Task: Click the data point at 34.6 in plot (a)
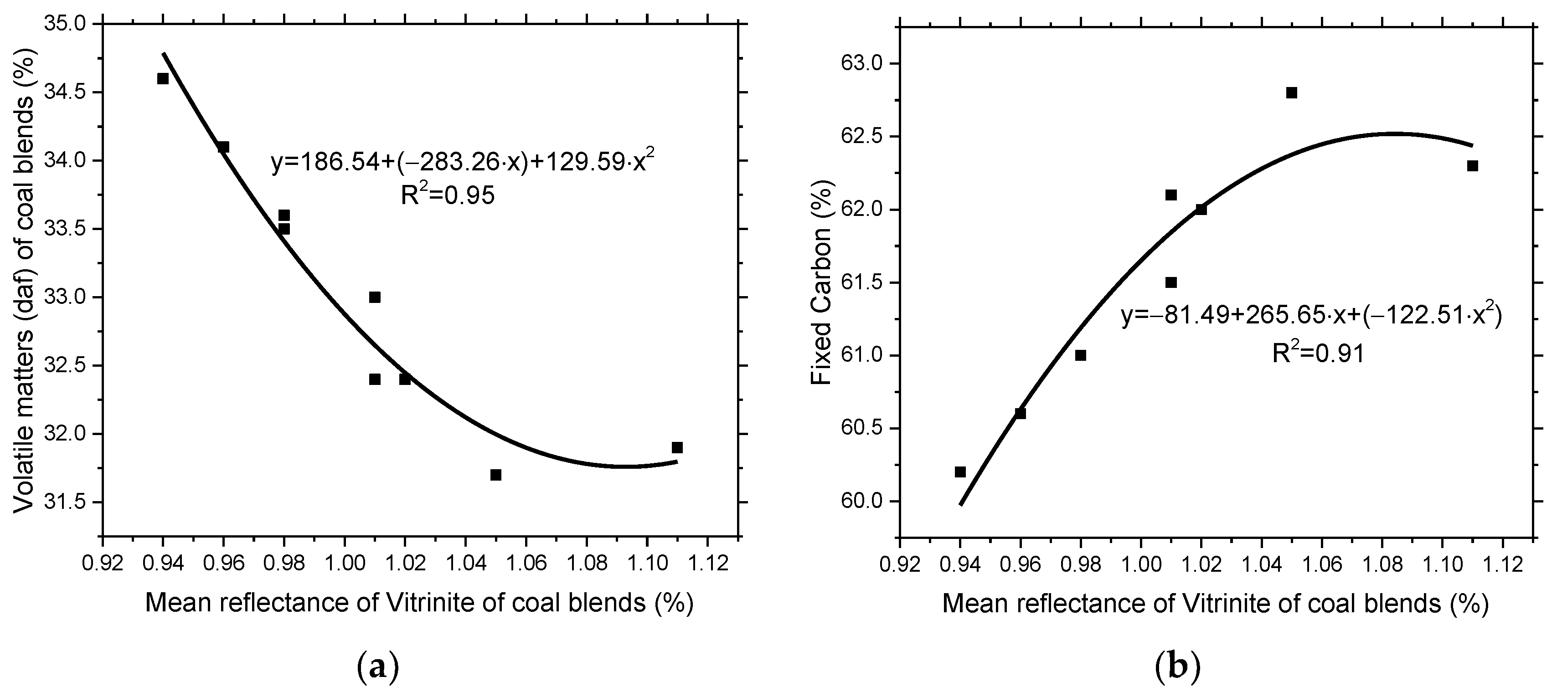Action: pyautogui.click(x=163, y=78)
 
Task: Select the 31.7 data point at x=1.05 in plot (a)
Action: pyautogui.click(x=495, y=475)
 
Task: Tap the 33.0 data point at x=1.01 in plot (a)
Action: pyautogui.click(x=375, y=297)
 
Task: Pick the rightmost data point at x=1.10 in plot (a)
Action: pyautogui.click(x=677, y=447)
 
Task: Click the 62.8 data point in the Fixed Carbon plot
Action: pyautogui.click(x=1292, y=92)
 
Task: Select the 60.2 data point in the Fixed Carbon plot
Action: pyautogui.click(x=960, y=471)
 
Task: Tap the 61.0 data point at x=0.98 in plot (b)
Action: pyautogui.click(x=1081, y=355)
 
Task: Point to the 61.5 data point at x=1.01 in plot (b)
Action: pyautogui.click(x=1171, y=282)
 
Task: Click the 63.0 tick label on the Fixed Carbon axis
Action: pyautogui.click(x=863, y=63)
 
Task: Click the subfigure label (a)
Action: pyautogui.click(x=379, y=667)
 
